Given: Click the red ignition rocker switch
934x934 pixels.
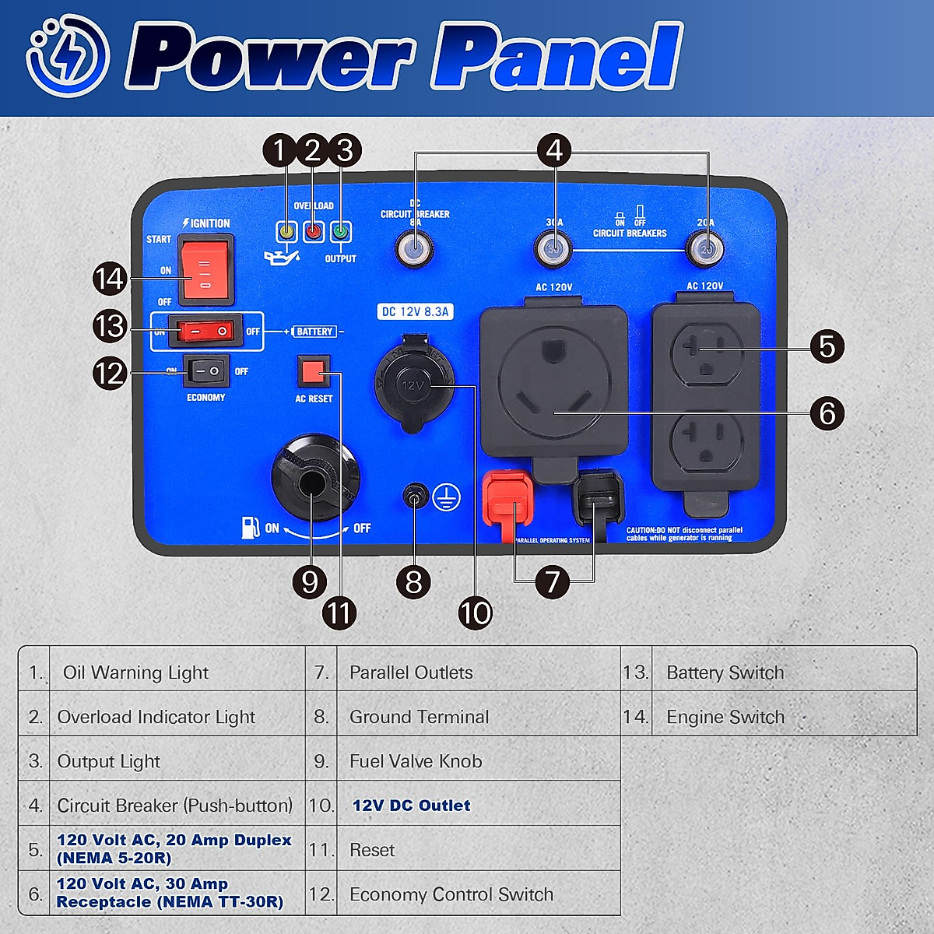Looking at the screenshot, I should pos(206,271).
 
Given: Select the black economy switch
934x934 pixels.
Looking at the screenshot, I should pos(206,371).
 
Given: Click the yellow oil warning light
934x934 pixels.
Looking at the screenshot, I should pos(287,231).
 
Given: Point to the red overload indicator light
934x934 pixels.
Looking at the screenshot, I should pos(314,231).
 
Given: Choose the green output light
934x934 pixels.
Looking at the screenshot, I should pos(340,231).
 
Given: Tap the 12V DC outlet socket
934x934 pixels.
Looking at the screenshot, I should pos(413,384).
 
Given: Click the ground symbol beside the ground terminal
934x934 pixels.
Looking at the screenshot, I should pos(447,497).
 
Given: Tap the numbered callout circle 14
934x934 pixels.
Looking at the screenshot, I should pos(109,279).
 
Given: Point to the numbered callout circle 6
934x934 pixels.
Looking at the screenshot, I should pos(827,413).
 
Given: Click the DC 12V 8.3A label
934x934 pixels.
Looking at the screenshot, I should pos(416,312).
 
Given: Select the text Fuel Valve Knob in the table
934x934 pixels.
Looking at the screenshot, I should pos(416,761).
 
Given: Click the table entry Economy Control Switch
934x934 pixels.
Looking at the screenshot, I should pos(451,894).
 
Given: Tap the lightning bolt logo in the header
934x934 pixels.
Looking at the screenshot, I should pos(68,56).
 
